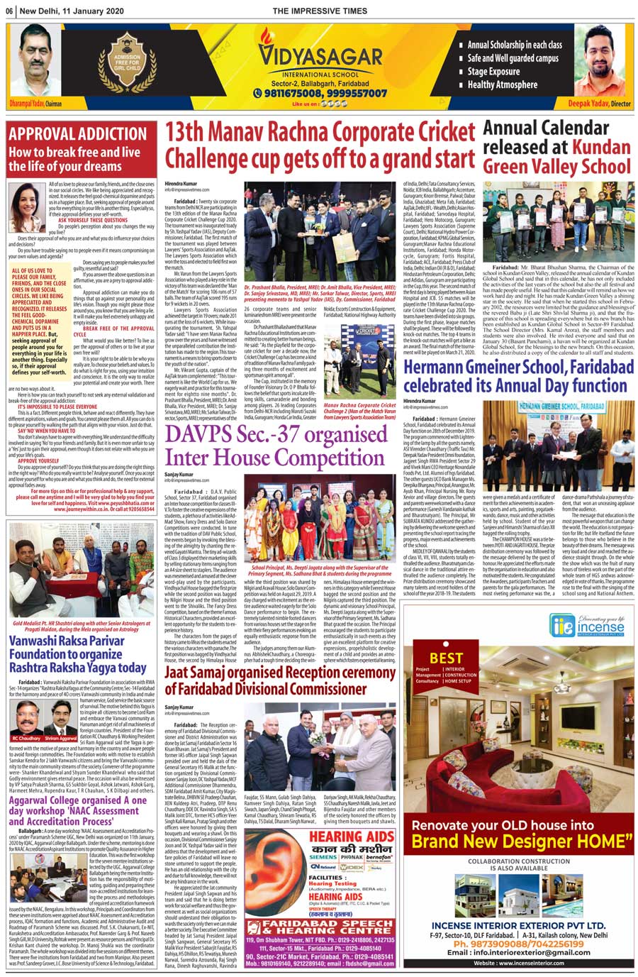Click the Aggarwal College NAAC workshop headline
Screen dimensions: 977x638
77,810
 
